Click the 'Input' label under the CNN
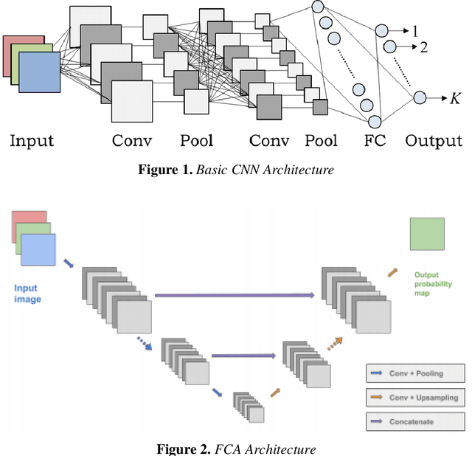tap(32, 140)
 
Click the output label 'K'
tap(455, 97)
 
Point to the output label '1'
tap(414, 31)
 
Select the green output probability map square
tap(427, 235)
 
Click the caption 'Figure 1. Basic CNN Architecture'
tap(236, 170)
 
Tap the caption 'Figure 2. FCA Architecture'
tap(236, 449)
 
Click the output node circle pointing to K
tap(420, 97)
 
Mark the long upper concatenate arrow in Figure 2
tap(234, 295)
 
